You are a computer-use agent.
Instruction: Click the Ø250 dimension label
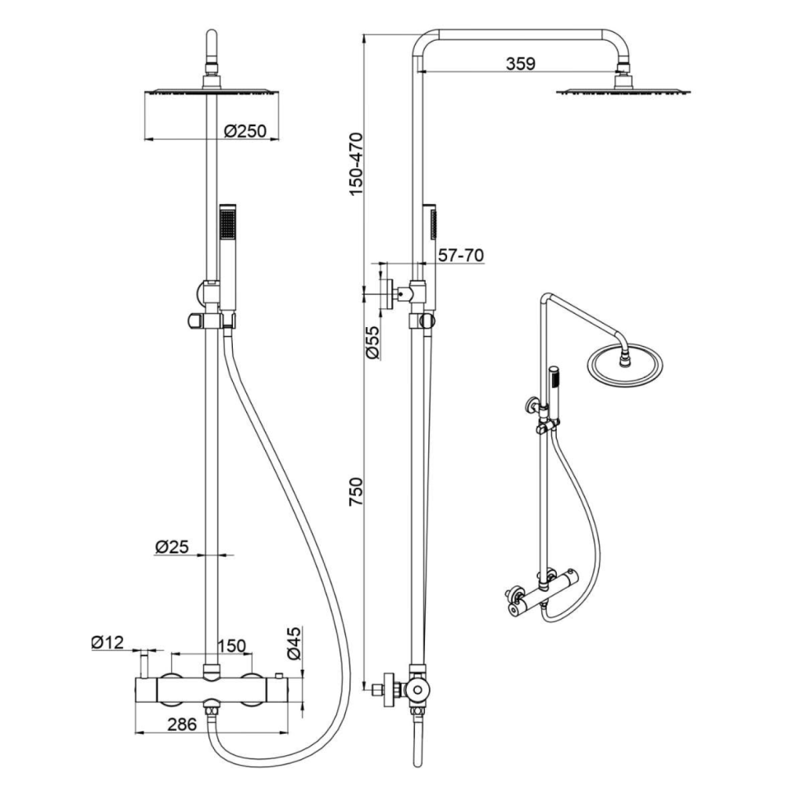click(x=245, y=131)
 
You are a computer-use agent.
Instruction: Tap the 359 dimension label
click(x=521, y=64)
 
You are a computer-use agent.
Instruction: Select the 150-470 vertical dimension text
click(x=355, y=163)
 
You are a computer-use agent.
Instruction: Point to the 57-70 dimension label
click(x=461, y=255)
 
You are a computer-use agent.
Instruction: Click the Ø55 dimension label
click(x=372, y=342)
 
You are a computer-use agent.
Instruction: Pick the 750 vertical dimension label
click(x=355, y=492)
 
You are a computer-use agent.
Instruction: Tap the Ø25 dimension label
click(x=172, y=547)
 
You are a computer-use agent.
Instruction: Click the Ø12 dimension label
click(x=107, y=642)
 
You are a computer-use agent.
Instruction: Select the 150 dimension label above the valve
click(x=232, y=646)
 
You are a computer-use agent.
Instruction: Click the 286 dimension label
click(x=182, y=724)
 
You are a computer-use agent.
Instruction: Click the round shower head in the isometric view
click(x=625, y=365)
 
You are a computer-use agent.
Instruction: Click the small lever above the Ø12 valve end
click(x=145, y=664)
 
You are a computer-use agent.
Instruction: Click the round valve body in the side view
click(x=419, y=690)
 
